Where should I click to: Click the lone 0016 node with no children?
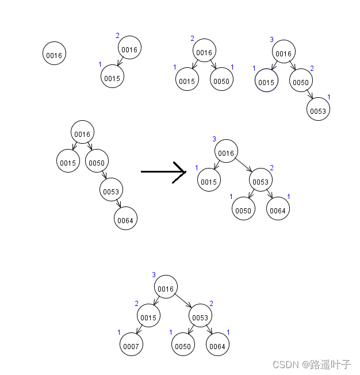tap(54, 54)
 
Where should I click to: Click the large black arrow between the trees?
tap(163, 171)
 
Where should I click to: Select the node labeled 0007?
tap(132, 345)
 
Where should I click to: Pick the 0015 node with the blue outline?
tap(266, 82)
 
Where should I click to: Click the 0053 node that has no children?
tap(318, 110)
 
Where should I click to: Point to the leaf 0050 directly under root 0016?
tap(221, 81)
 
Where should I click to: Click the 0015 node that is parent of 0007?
tap(148, 317)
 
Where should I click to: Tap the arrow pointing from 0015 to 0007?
tap(140, 331)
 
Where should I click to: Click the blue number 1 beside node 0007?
tap(119, 332)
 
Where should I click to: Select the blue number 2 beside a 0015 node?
tap(137, 304)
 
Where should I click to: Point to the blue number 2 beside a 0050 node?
tap(312, 68)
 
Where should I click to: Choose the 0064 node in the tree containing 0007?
tap(217, 345)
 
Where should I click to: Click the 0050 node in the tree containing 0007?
tap(183, 345)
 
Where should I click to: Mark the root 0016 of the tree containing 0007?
tap(166, 288)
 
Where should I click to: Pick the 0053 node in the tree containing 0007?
tap(200, 317)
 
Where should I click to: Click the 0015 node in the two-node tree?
tap(112, 77)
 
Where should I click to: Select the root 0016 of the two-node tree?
tap(129, 49)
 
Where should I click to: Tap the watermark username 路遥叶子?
tap(330, 365)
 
